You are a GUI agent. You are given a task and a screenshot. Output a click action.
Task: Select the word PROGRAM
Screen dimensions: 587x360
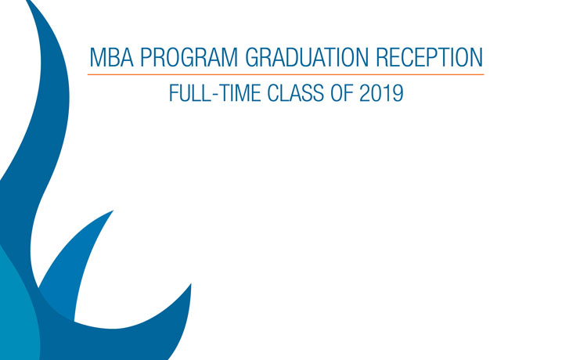tap(189, 57)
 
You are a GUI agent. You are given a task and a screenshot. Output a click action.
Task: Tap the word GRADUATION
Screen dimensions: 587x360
tap(307, 57)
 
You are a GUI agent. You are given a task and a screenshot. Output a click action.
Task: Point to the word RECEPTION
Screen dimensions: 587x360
tap(429, 57)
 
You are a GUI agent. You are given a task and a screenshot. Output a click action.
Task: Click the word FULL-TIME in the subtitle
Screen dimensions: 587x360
tap(215, 93)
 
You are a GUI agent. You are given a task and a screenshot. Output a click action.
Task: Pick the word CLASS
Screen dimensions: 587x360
tap(295, 93)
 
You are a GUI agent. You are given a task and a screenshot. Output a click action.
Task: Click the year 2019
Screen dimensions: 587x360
tap(381, 93)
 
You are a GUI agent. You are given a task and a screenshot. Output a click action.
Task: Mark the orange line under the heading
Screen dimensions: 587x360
tap(286, 74)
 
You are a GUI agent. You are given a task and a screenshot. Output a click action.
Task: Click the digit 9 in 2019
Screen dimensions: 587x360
tap(398, 93)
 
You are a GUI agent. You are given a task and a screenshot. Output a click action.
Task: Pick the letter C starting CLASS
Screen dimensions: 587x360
tap(273, 93)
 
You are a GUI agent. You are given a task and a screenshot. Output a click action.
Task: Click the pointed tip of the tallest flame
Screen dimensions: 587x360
tap(27, 1)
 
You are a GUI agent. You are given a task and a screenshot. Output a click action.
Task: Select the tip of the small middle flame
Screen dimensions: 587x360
tap(113, 211)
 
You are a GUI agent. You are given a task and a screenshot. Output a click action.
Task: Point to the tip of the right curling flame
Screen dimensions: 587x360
tap(191, 284)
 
